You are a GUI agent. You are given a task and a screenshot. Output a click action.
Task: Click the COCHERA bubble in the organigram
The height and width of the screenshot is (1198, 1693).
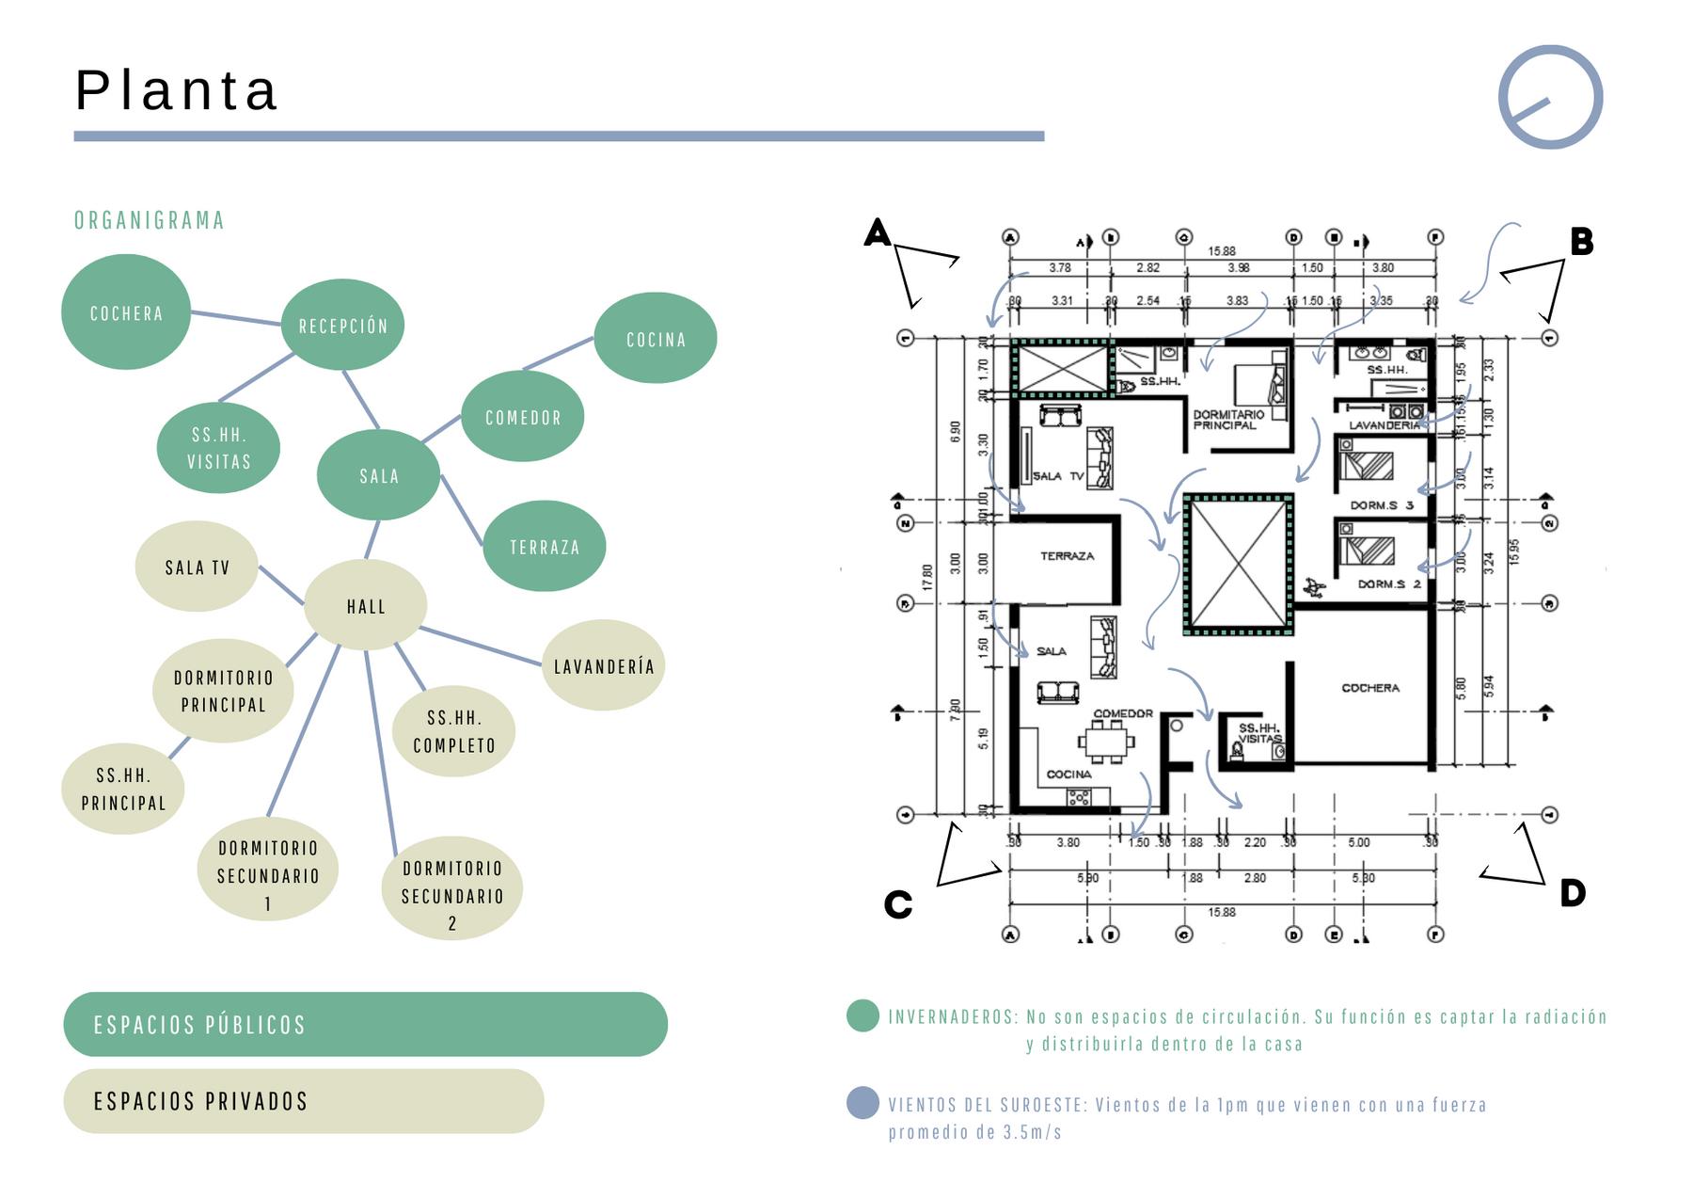coord(126,312)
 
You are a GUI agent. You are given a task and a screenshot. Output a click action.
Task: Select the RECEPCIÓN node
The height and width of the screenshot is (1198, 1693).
coord(343,326)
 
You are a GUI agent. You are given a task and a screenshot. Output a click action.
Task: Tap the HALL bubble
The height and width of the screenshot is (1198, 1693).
coord(366,606)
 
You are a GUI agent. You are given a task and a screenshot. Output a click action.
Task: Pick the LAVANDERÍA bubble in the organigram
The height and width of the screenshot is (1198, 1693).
coord(604,666)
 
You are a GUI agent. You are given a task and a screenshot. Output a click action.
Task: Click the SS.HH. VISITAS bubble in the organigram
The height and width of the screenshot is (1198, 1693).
coord(219,448)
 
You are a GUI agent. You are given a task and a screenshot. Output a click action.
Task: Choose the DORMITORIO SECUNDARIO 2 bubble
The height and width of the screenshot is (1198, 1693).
coord(452,888)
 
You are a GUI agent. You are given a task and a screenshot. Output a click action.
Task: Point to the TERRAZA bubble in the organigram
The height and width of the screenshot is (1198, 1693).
coord(545,547)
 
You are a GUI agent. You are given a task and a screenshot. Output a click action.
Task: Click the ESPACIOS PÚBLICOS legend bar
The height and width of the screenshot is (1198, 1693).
coord(365,1024)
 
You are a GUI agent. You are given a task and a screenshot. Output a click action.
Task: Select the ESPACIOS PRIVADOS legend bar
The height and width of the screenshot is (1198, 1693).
coord(303,1100)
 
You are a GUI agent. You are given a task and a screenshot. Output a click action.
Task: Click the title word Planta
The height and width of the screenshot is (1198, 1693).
coord(177,90)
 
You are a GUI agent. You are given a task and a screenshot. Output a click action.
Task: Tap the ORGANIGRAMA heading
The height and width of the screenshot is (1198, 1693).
coord(150,220)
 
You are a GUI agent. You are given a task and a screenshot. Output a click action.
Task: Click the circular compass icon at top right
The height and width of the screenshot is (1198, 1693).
coord(1550,97)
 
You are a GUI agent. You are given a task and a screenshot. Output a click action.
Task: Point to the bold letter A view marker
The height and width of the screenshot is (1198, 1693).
coord(877,232)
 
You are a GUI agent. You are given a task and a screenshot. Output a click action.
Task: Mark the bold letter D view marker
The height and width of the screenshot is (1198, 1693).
coord(1573,893)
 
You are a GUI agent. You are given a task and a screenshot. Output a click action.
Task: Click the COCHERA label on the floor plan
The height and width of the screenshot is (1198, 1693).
coord(1370,688)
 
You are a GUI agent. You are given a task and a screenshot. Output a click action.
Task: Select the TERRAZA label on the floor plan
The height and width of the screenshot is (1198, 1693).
coord(1067,556)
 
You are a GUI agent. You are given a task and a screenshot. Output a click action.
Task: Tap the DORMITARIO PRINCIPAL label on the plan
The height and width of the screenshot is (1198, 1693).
coord(1228,420)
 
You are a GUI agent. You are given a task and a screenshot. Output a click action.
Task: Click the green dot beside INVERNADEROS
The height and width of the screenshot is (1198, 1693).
coord(862,1016)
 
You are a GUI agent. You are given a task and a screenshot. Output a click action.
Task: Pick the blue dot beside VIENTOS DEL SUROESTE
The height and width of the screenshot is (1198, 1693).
coord(862,1102)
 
